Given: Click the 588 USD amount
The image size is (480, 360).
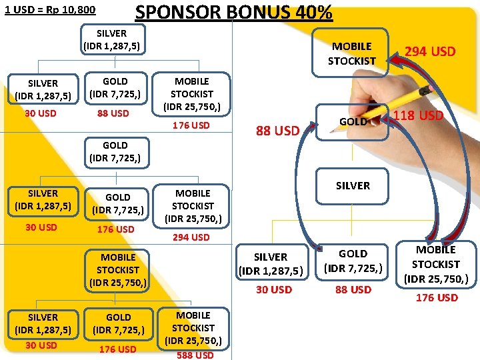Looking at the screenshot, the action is [195, 355].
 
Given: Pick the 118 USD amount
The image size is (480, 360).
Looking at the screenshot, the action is [418, 115].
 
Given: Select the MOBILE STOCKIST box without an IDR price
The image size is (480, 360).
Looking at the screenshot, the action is [352, 53].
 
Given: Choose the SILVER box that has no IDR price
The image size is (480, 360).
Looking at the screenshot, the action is [353, 185].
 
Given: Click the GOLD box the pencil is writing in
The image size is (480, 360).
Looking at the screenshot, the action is [352, 121].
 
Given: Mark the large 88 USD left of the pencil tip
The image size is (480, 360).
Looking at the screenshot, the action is [277, 131].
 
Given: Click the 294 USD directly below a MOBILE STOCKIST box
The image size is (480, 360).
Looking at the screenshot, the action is [191, 237].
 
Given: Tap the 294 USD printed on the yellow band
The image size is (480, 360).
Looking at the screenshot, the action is [431, 51].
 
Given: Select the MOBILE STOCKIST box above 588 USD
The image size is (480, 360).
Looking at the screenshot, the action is [193, 327].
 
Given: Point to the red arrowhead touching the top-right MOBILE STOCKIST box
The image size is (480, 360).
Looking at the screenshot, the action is [395, 61].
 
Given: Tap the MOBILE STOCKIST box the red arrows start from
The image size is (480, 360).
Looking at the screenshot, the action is [436, 264].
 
